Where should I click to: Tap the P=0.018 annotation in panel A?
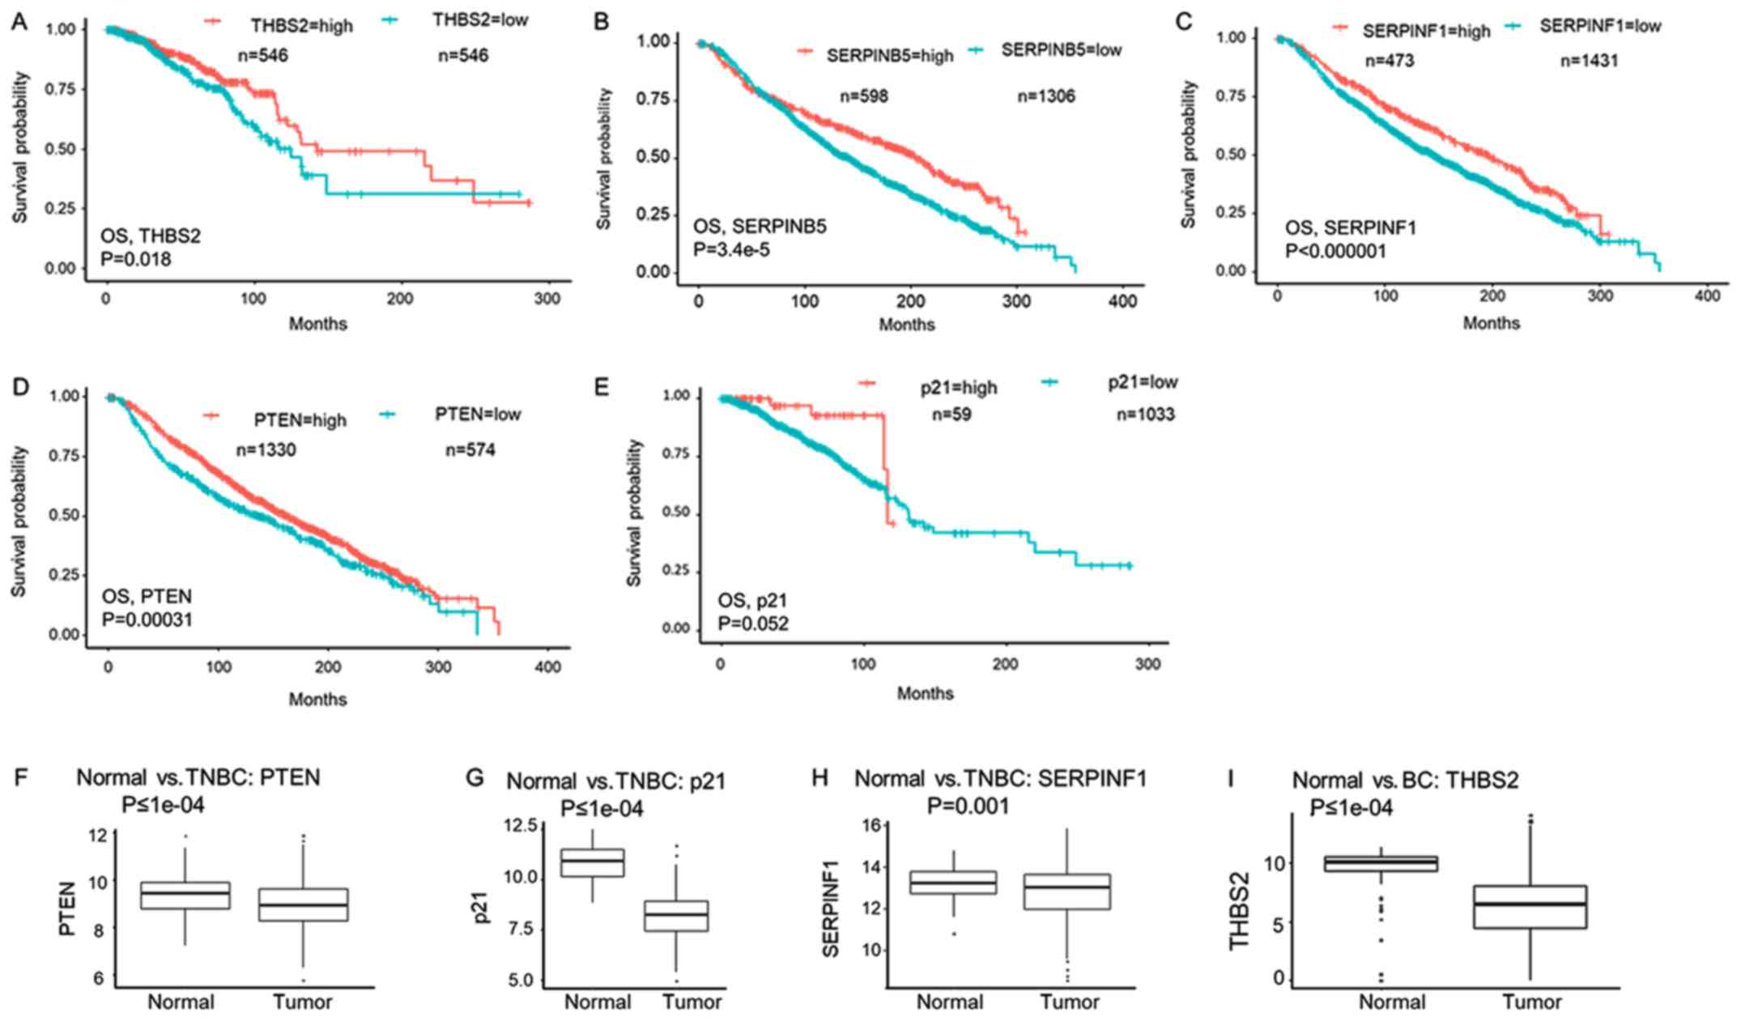pyautogui.click(x=135, y=260)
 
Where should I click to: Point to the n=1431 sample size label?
pyautogui.click(x=1589, y=61)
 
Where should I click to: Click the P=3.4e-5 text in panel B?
pyautogui.click(x=731, y=249)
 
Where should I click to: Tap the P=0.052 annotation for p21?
pyautogui.click(x=753, y=623)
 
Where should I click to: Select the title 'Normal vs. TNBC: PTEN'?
pyautogui.click(x=198, y=778)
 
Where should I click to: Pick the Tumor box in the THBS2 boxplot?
pyautogui.click(x=1530, y=907)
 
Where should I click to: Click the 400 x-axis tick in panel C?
pyautogui.click(x=1707, y=296)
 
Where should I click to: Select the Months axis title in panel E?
pyautogui.click(x=925, y=694)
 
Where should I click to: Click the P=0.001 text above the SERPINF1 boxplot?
pyautogui.click(x=968, y=806)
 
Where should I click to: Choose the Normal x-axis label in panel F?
pyautogui.click(x=181, y=1002)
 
